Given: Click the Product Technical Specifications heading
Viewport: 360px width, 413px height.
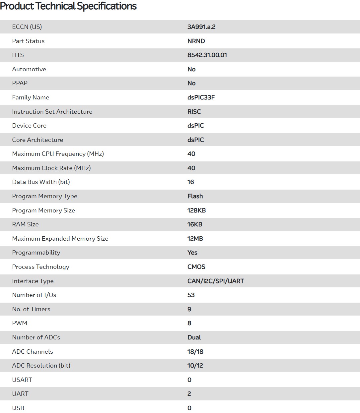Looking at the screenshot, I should [x=68, y=6].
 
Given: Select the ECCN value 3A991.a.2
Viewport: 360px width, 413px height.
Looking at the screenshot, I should [x=201, y=27].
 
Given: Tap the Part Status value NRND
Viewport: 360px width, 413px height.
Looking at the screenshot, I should [x=196, y=41].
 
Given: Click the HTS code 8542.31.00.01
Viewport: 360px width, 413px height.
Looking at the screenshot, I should [x=207, y=55].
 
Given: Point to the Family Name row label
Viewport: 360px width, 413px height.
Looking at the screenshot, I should [x=31, y=97].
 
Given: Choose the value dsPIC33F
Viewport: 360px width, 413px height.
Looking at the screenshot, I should [x=201, y=97].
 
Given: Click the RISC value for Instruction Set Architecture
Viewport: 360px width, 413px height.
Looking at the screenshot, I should [x=194, y=112].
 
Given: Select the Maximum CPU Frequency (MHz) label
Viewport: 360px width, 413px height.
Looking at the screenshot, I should [x=58, y=154].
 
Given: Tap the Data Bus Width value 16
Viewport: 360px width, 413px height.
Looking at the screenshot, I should [x=191, y=182].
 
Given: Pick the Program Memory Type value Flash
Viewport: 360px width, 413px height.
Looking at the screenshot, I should [x=195, y=196].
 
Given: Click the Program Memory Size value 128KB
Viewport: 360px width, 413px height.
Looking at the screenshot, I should [x=196, y=210].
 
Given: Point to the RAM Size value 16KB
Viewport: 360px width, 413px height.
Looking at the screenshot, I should [x=195, y=224].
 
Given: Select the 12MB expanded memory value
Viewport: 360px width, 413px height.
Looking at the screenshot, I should [x=195, y=239].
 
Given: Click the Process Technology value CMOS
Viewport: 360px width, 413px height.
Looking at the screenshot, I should [x=196, y=267].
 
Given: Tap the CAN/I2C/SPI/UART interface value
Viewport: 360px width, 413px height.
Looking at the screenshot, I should [x=216, y=281].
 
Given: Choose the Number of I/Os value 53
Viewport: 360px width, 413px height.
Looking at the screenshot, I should [x=191, y=295].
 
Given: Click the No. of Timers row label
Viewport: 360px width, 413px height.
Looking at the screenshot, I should [x=31, y=309].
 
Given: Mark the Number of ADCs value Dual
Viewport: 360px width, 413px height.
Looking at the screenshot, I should [x=194, y=337].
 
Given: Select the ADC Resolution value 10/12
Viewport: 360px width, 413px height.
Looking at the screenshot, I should [x=195, y=366].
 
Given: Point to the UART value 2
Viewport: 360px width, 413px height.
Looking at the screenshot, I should [x=189, y=394].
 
